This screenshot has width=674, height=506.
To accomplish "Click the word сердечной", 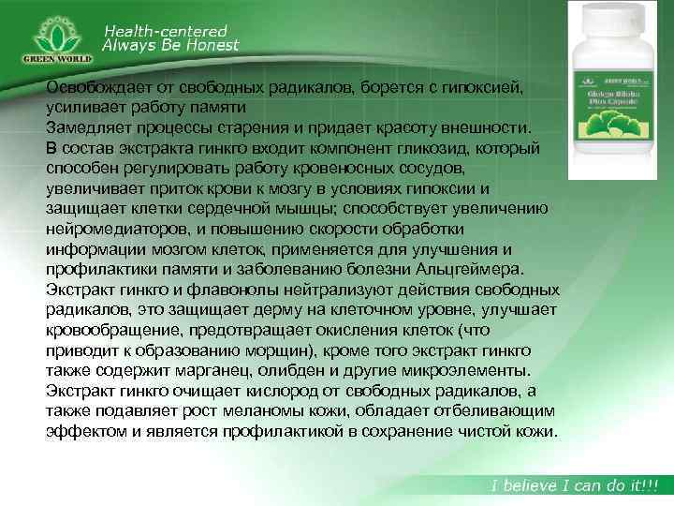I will coord(254,208).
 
